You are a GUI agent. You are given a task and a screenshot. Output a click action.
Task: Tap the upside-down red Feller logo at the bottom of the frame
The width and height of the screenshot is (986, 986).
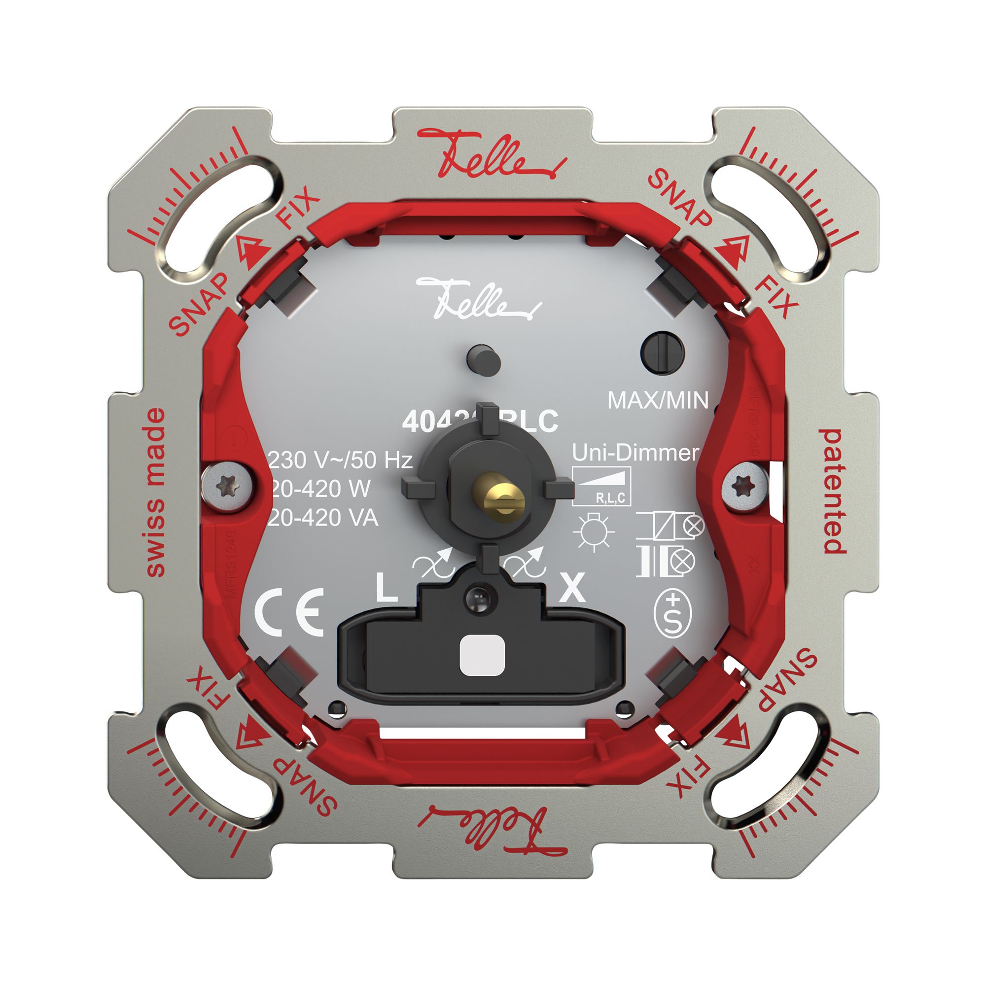point(493,831)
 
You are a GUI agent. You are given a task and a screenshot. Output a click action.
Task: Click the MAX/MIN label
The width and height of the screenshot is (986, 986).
point(658,401)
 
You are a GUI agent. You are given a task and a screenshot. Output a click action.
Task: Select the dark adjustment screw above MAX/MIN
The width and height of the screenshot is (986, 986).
point(662,353)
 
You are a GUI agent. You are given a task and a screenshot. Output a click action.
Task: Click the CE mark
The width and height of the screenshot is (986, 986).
point(289,612)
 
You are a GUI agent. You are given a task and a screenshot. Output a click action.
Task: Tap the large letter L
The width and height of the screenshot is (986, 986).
point(387,588)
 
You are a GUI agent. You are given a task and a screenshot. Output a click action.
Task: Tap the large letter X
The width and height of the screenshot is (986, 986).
point(572,588)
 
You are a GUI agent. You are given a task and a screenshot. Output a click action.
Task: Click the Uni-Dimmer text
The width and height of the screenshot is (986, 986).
point(635,453)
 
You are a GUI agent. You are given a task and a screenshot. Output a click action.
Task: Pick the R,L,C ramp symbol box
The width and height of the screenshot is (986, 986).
point(601,487)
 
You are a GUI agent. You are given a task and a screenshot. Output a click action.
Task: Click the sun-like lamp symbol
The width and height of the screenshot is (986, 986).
point(593,532)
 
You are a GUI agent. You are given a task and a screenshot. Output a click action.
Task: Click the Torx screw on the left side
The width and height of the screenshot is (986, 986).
point(227,486)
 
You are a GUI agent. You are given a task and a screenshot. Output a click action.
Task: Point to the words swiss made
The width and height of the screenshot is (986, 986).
point(156,493)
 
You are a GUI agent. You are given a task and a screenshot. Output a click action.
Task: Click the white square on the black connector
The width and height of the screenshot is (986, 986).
point(482,655)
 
